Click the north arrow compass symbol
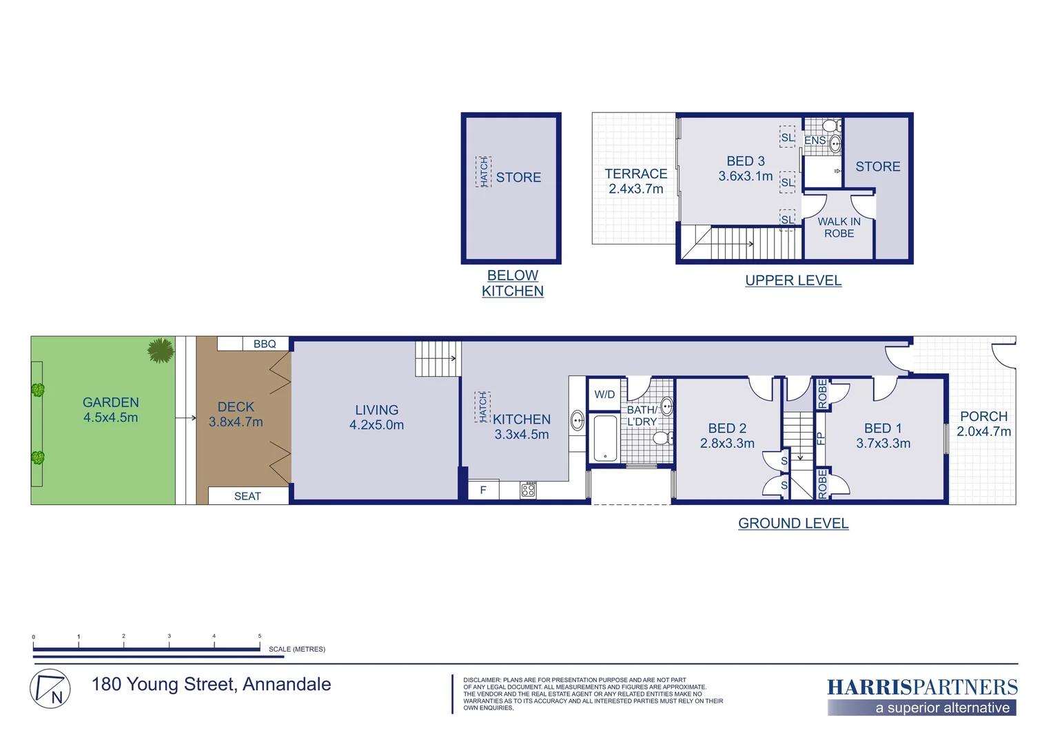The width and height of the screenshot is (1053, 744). [50, 688]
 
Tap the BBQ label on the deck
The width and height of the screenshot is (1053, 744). [265, 344]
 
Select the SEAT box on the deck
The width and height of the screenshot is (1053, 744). [247, 496]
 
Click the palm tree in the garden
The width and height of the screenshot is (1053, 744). [161, 350]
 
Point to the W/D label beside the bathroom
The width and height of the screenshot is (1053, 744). [604, 395]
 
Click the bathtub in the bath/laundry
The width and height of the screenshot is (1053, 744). [605, 438]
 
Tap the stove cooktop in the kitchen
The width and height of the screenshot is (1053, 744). [528, 490]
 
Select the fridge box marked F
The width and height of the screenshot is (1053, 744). [483, 490]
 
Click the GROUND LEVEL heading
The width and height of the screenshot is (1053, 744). [793, 524]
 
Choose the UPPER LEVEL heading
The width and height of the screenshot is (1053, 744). [793, 280]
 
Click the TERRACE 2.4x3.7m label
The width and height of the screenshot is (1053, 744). [635, 181]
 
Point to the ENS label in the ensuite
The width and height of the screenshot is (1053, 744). [815, 141]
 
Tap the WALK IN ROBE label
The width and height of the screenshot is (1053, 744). [839, 227]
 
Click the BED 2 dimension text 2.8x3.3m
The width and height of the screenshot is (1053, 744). [727, 444]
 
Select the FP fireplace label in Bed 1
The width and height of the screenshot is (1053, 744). [820, 438]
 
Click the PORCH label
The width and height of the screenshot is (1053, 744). [983, 417]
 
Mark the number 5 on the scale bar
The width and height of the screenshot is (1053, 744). [260, 637]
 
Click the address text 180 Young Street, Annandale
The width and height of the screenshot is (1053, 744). [211, 684]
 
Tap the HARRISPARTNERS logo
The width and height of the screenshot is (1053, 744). [922, 688]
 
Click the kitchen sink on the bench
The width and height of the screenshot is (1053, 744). [577, 420]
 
